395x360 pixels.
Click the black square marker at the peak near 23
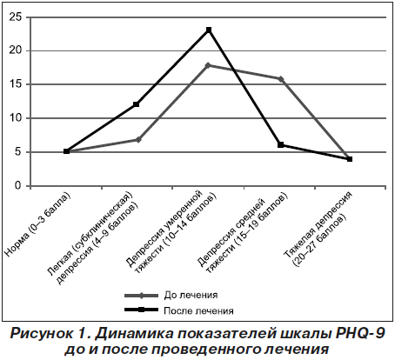click(x=209, y=30)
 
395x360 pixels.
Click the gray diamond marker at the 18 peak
click(x=208, y=65)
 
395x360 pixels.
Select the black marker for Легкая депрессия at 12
click(x=137, y=104)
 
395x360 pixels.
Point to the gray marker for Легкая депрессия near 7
click(x=138, y=140)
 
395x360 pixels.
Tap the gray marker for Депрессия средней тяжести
click(x=281, y=79)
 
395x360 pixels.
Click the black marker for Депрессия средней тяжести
click(x=280, y=145)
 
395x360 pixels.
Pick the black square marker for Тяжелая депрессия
click(x=350, y=159)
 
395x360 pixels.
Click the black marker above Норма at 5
click(x=66, y=151)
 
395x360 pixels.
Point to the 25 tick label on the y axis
click(x=16, y=17)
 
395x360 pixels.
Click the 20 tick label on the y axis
click(x=16, y=50)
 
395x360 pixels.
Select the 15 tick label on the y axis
click(x=16, y=84)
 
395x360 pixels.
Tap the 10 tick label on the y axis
click(x=16, y=118)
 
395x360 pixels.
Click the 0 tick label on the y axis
click(x=18, y=185)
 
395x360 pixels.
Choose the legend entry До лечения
click(x=171, y=296)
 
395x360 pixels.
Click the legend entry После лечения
click(x=179, y=310)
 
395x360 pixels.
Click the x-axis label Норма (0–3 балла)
click(x=37, y=224)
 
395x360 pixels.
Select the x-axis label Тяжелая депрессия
click(x=318, y=224)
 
